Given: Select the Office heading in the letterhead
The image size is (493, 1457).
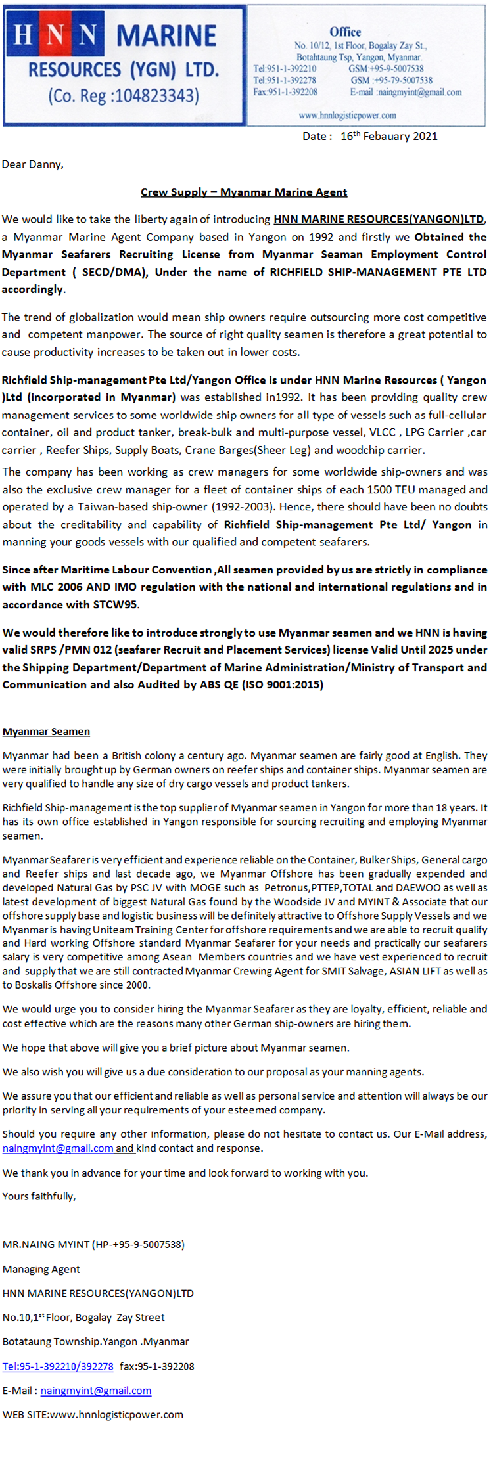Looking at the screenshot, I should pyautogui.click(x=345, y=32).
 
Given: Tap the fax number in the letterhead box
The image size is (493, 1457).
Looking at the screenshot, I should pyautogui.click(x=285, y=92).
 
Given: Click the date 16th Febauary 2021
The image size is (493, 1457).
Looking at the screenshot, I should pyautogui.click(x=388, y=136).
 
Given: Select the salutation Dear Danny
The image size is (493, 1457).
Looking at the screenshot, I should pyautogui.click(x=33, y=164).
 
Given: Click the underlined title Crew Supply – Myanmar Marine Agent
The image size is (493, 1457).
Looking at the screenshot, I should pyautogui.click(x=244, y=192).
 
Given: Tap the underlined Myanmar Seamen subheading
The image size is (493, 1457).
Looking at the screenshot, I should pyautogui.click(x=46, y=731).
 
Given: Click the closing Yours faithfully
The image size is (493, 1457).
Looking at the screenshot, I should pyautogui.click(x=39, y=1196).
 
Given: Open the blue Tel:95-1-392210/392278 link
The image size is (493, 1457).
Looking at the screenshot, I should pyautogui.click(x=58, y=1366).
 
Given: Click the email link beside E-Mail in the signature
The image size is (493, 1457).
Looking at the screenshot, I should pyautogui.click(x=96, y=1391).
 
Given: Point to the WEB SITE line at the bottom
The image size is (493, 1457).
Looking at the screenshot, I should pyautogui.click(x=93, y=1414).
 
